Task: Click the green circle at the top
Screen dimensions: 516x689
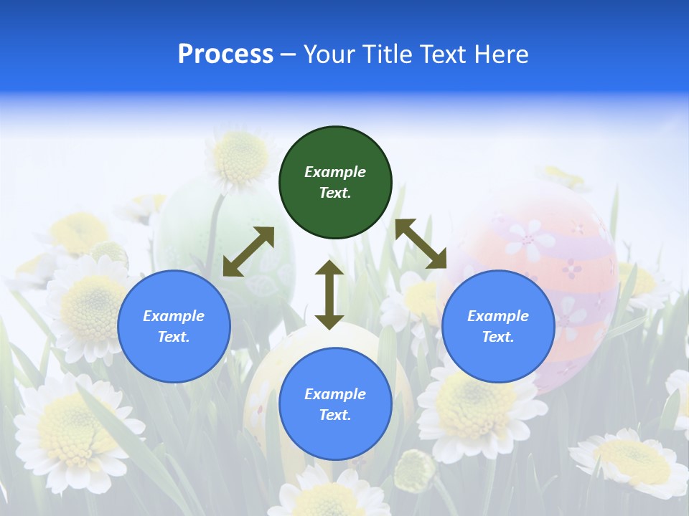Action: tap(335, 183)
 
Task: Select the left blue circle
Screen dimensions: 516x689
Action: tap(174, 326)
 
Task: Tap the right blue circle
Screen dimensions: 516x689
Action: tap(498, 326)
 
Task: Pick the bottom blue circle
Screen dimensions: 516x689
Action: tap(335, 404)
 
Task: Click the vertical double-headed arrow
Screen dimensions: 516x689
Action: tap(329, 295)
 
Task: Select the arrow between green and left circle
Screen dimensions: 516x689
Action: tap(248, 252)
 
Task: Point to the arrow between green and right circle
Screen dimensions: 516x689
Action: tap(421, 244)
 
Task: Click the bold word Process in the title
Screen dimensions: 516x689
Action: tap(225, 54)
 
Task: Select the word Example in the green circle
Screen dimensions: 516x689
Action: tap(335, 172)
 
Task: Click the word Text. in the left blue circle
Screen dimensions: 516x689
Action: tap(174, 337)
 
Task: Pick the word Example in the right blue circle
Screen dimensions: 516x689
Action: tap(498, 316)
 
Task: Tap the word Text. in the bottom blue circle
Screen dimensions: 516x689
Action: tap(335, 415)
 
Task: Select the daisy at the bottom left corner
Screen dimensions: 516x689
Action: tap(65, 430)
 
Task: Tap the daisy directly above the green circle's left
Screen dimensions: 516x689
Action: tap(240, 158)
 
